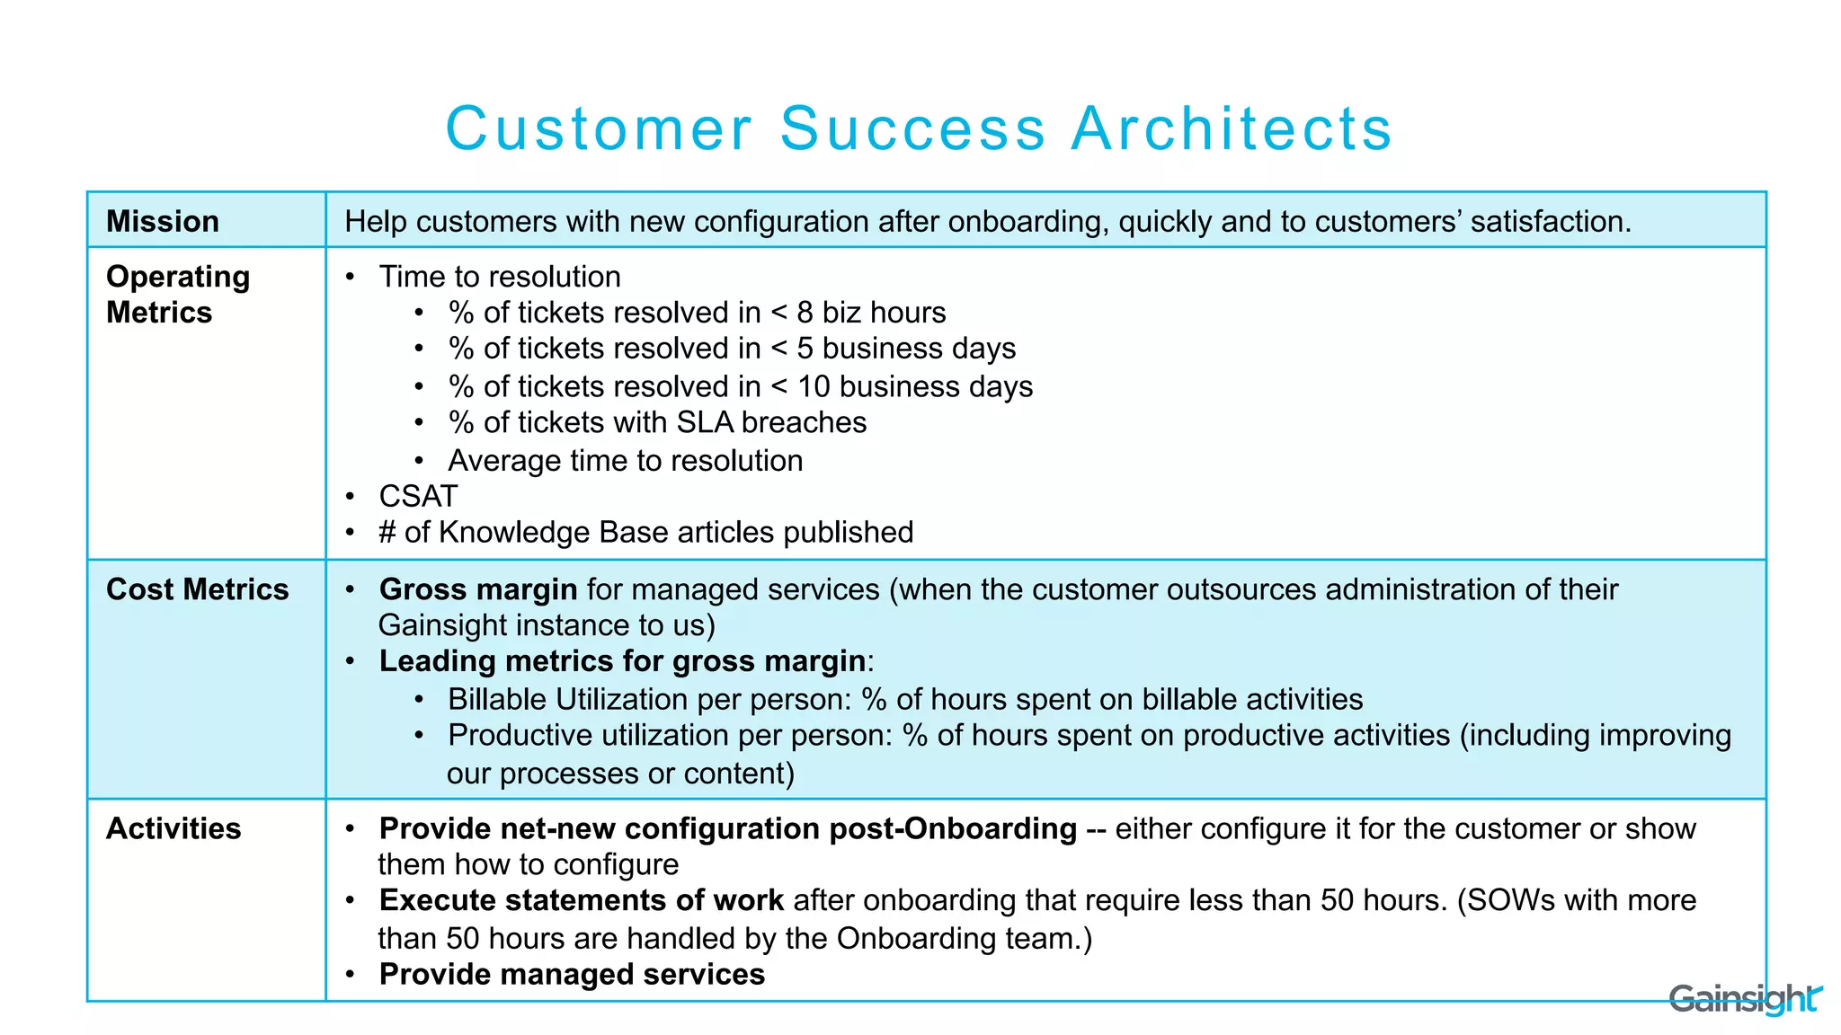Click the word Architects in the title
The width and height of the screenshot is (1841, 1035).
coord(1232,128)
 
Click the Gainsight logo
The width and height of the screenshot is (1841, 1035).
coord(1744,999)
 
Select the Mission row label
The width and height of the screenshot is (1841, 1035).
coord(163,221)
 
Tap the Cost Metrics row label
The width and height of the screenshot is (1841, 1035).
coord(197,589)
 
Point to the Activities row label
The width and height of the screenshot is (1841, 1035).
coord(173,828)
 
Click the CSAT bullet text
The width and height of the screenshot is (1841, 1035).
coord(418,496)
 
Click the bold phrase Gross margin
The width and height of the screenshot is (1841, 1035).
coord(478,589)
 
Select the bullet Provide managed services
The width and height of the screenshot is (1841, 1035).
coord(572,974)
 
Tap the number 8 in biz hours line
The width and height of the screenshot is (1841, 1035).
coord(805,313)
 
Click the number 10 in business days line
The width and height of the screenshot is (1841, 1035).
coord(814,386)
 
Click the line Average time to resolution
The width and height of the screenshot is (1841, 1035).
coord(625,460)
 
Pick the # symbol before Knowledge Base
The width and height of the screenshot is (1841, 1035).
coord(387,533)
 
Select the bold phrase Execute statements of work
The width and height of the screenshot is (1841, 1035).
coord(581,900)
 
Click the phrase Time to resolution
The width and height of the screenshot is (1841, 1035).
coord(500,277)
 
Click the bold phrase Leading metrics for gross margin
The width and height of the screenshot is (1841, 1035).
coord(622,661)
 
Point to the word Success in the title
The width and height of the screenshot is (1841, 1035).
coord(912,128)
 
